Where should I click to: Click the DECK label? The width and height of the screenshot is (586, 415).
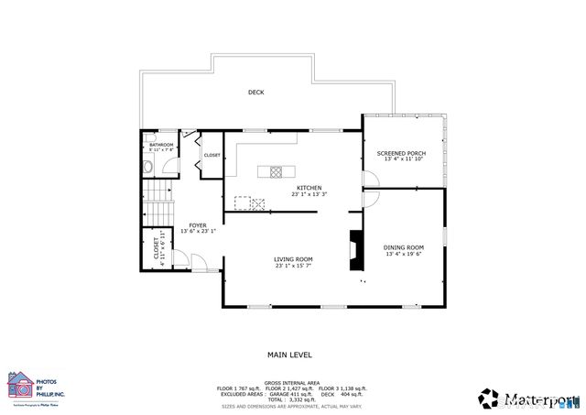pos(256,93)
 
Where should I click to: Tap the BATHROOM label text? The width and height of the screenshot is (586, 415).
pos(162,145)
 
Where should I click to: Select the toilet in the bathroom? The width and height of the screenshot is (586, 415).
pos(147,167)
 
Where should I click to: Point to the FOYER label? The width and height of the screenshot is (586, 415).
pos(197,225)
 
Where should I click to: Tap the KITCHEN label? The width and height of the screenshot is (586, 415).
pos(309,188)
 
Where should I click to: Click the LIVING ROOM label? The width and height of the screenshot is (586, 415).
pos(293,260)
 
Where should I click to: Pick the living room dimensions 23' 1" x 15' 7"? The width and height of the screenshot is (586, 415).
pos(293,268)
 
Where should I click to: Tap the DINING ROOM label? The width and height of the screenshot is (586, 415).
pos(403,247)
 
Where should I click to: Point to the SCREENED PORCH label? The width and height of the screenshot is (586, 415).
pos(403,152)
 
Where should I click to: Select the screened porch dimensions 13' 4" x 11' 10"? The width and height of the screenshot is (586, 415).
pos(403,159)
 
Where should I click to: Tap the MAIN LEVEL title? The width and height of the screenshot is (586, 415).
pos(289,355)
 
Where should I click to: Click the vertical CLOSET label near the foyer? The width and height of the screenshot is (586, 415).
pos(157,253)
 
